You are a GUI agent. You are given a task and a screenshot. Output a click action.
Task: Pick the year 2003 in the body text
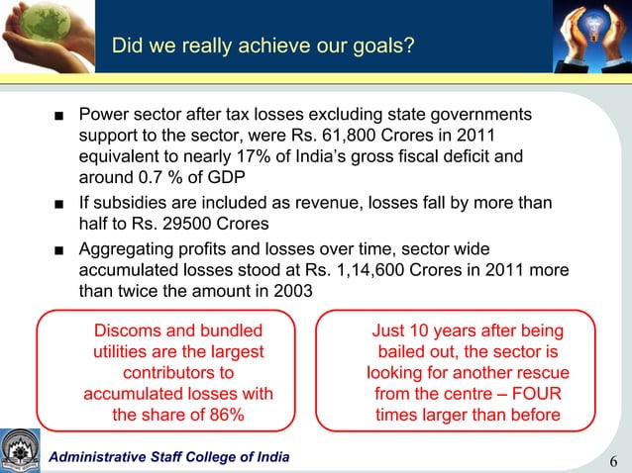point(289,291)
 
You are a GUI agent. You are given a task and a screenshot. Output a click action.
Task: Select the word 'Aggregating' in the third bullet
point(129,247)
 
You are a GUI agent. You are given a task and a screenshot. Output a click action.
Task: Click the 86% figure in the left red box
point(223,415)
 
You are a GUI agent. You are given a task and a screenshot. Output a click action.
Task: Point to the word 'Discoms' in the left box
point(123,331)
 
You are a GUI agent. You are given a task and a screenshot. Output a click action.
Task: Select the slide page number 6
point(614,461)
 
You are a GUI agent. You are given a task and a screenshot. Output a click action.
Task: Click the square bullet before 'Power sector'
point(61,115)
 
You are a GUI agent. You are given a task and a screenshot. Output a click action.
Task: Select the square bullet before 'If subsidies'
point(61,203)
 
